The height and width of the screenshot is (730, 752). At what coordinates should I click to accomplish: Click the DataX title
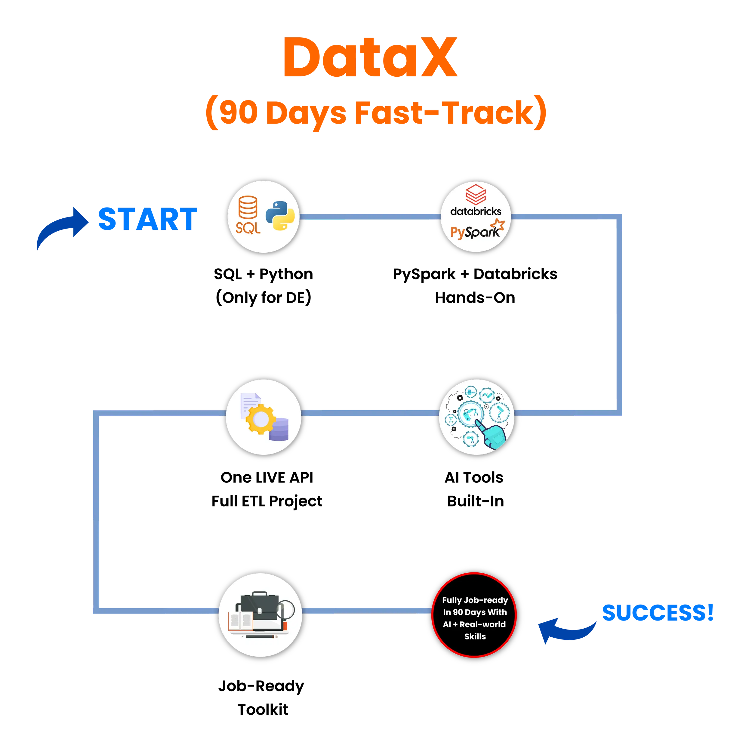[370, 57]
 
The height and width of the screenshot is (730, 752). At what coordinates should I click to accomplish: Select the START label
[148, 219]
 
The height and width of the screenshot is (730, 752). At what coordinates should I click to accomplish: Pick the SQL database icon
[248, 214]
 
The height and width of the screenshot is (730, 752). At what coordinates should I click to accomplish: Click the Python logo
[280, 216]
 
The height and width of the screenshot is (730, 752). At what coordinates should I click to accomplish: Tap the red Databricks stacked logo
[476, 195]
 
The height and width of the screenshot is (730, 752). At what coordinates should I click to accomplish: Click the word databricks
[476, 211]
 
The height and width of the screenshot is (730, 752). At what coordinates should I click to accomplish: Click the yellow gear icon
[260, 419]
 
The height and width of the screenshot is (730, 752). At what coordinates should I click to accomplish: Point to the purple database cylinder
[279, 430]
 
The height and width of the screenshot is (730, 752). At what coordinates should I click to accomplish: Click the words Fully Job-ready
[475, 600]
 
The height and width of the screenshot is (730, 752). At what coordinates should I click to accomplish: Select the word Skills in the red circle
[475, 636]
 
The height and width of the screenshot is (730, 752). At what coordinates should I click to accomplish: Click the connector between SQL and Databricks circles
[370, 217]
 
